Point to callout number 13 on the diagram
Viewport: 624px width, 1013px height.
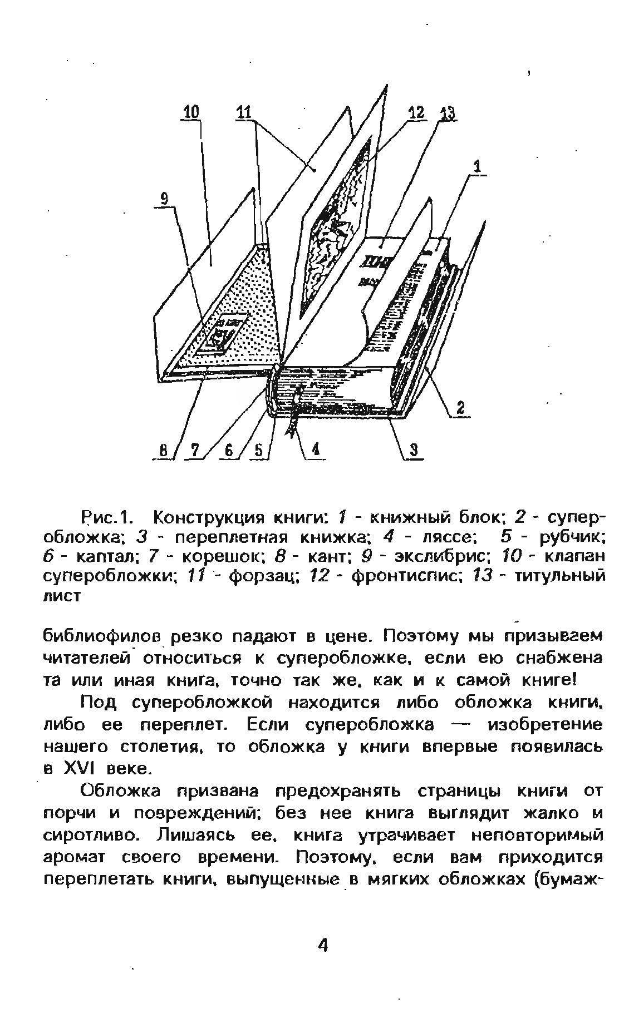click(x=446, y=114)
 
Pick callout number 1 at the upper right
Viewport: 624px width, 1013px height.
click(x=477, y=166)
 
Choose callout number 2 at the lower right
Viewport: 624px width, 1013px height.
click(x=461, y=409)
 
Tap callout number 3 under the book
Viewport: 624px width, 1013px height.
click(x=414, y=451)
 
